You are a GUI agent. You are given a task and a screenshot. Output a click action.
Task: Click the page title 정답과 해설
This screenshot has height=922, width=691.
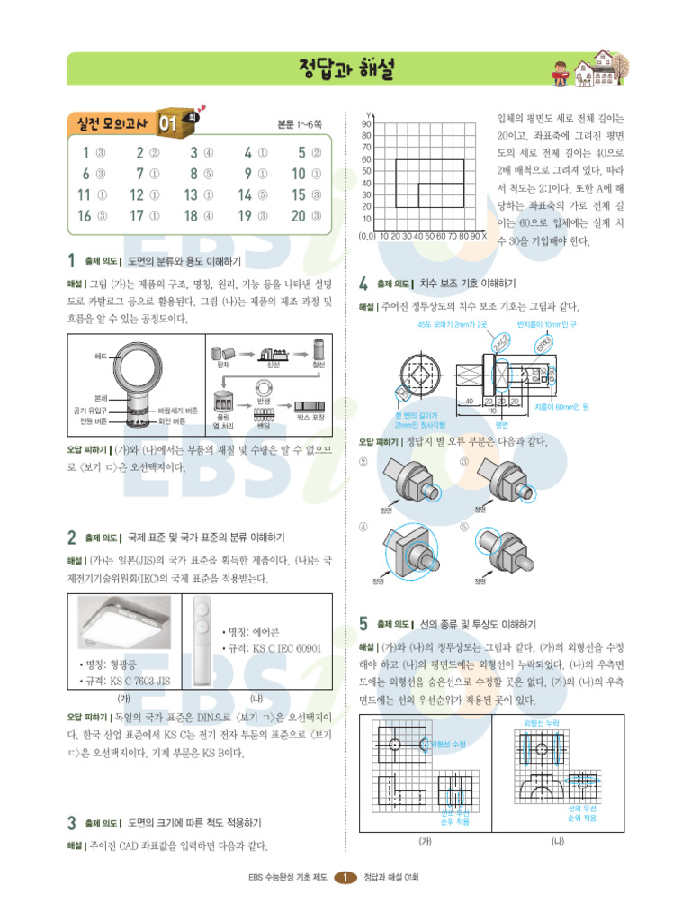coord(345,68)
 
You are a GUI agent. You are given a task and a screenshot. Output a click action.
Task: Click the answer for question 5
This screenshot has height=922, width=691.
coord(316,153)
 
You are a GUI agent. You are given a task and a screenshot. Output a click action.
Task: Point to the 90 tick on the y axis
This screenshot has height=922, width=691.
coord(367,123)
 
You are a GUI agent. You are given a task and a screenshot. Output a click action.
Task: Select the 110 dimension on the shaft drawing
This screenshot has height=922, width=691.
coord(491,411)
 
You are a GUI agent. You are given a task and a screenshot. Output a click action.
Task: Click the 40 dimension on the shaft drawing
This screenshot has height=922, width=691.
coord(469,401)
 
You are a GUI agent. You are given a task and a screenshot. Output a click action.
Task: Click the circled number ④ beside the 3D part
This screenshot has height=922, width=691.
coord(364,527)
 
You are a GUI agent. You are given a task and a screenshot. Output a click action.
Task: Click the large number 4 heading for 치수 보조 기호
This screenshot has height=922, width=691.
coord(363,284)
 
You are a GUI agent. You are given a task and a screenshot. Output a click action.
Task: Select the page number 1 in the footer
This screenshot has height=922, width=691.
coord(345,878)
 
